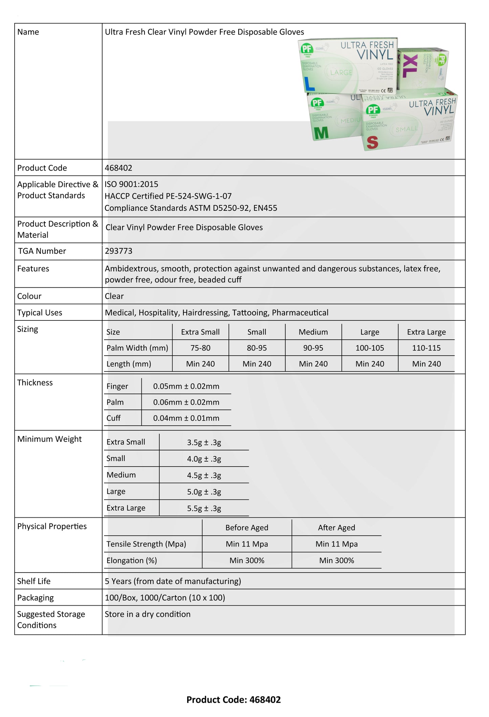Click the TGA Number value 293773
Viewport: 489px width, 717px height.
coord(118,251)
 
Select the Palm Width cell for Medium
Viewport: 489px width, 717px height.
coord(313,348)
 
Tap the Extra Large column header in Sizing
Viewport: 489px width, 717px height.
coord(426,332)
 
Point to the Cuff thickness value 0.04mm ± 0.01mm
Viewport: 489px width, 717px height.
coord(186,418)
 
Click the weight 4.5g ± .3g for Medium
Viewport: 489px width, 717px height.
coord(204,475)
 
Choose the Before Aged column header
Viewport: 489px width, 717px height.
coord(247,528)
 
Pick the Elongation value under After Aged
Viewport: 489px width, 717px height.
coord(336,560)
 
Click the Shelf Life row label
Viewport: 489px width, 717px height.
coord(34,581)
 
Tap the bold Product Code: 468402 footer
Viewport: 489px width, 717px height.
coord(234,700)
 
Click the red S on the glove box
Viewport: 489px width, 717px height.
coord(372,142)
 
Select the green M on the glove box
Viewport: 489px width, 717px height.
coord(321,133)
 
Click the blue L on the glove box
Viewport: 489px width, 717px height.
coord(309,84)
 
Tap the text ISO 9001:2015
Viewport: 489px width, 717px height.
coord(131,184)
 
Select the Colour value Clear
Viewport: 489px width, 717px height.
coord(114,296)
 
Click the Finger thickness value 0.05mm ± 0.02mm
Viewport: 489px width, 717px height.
coord(186,386)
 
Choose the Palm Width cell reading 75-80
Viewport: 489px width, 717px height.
coord(200,348)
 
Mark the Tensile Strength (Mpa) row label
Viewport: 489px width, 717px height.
coord(146,544)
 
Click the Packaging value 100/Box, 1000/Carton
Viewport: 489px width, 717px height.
coord(165,598)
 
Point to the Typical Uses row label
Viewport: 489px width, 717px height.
coord(40,313)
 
